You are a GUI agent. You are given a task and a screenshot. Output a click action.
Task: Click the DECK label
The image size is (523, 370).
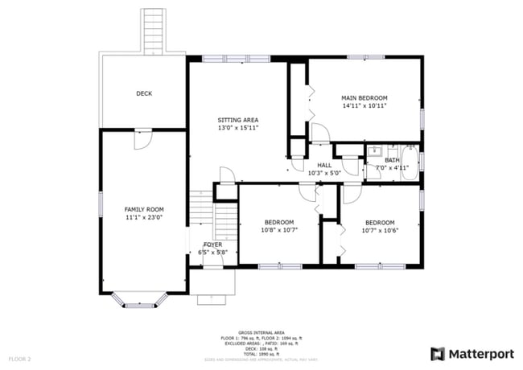[143, 93]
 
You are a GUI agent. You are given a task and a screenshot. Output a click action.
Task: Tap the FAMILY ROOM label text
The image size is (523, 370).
[143, 209]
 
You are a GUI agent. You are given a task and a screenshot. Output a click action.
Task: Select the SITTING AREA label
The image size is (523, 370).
[237, 120]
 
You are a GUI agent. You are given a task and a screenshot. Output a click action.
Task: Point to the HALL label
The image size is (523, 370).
[324, 165]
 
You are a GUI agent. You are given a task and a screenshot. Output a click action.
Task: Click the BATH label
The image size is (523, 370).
[391, 160]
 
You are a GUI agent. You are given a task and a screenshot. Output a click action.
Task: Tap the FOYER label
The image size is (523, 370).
[212, 245]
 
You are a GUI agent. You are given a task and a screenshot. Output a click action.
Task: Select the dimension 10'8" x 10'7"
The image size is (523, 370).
[279, 230]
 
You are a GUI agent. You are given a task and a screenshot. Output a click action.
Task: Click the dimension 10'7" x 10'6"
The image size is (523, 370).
[380, 230]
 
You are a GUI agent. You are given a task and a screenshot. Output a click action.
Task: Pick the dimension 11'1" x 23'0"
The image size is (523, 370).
[143, 217]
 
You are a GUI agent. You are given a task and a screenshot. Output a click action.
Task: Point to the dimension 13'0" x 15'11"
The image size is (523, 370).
[237, 128]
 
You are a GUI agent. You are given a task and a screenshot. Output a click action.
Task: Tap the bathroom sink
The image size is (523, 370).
[374, 150]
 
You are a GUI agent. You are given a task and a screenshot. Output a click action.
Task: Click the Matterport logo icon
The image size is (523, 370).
[438, 354]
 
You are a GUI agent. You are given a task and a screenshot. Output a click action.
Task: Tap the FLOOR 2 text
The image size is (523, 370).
[19, 358]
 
